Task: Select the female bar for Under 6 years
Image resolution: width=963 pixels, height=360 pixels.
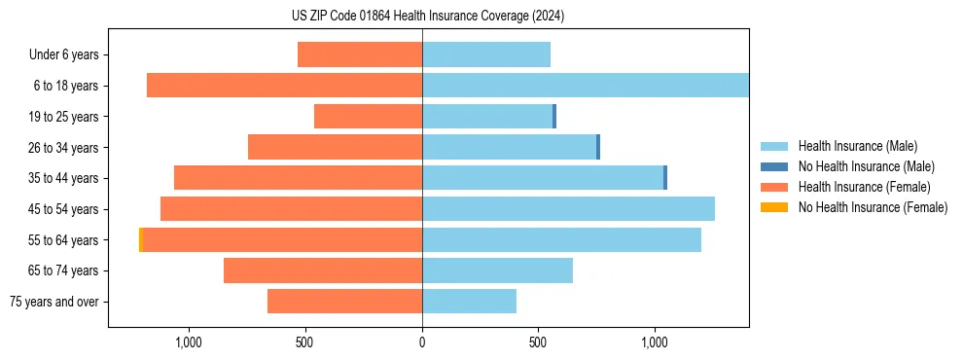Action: (360, 54)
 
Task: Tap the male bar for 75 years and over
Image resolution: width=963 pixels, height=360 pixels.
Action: (469, 302)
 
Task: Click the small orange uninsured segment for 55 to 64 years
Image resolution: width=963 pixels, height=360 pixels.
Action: (141, 240)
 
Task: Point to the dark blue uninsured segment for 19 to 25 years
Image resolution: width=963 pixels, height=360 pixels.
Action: (554, 117)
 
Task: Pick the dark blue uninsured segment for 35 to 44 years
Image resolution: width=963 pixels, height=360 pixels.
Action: (665, 178)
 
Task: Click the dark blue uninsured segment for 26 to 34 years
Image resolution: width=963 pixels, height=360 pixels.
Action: (598, 147)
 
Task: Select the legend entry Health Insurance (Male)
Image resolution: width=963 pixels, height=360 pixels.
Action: (857, 146)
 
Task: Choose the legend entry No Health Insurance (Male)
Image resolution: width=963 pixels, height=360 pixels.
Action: (866, 166)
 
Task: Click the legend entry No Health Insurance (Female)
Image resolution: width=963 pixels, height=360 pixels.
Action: (873, 207)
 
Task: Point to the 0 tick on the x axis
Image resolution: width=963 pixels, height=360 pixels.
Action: (422, 342)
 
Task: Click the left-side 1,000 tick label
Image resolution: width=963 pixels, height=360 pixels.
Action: (188, 342)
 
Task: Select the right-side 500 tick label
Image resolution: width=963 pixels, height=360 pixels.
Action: (538, 342)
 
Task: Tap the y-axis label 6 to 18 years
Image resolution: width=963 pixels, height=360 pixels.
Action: (65, 86)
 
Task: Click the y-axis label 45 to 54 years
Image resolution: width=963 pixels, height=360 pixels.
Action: (62, 209)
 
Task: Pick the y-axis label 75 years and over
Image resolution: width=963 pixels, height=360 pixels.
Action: (53, 302)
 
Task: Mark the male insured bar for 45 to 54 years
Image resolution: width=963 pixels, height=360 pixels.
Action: (568, 209)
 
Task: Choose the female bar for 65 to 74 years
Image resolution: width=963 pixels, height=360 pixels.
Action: (323, 270)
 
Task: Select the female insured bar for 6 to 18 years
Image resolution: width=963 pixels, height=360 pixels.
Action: (284, 86)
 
